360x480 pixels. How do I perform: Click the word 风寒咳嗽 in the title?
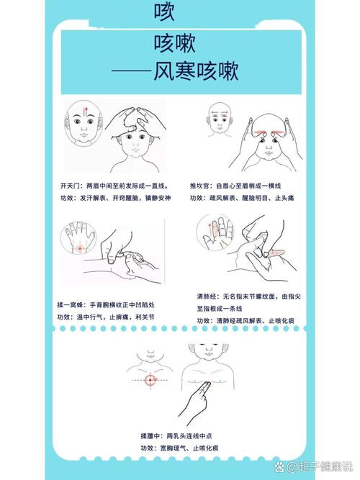coord(196,72)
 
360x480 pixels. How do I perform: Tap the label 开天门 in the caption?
coord(71,184)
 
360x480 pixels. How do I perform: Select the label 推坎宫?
coord(202,184)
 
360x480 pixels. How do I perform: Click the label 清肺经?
coord(206,296)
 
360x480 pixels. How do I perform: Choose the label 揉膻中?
coord(150,435)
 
